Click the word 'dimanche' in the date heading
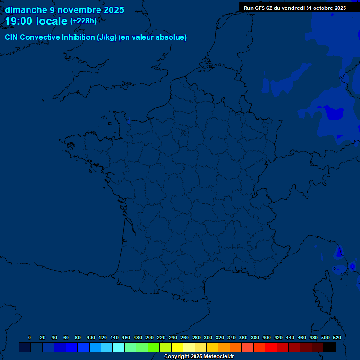pos(25,10)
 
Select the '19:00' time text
pos(19,21)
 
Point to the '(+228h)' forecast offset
pos(83,21)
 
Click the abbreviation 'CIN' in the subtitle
pos(11,37)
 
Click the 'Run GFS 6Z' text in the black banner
pos(258,8)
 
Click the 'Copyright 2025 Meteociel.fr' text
pos(199,357)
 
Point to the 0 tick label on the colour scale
pos(30,337)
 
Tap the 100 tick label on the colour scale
pos(90,337)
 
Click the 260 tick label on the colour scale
pos(185,337)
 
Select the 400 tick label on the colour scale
pos(267,337)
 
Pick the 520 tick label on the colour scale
pos(337,337)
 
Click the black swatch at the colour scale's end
pos(330,347)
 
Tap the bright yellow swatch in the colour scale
pos(177,347)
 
